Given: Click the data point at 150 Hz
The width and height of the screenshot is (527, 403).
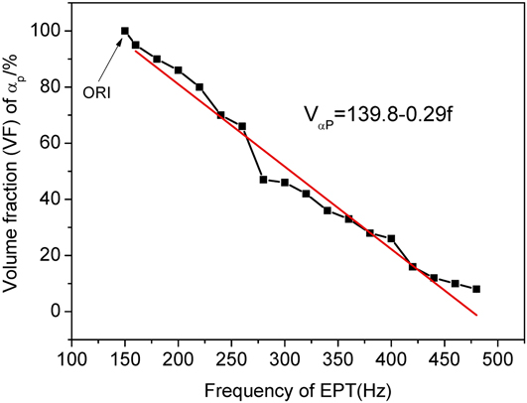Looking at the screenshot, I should point(125,31).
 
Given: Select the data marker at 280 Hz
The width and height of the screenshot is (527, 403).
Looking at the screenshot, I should point(263,180).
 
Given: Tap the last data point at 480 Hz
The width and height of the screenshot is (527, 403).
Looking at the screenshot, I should point(476,289).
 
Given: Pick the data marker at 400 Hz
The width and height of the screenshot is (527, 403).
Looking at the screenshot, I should point(391,238).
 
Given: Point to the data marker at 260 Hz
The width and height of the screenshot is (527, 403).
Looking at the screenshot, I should point(242,126).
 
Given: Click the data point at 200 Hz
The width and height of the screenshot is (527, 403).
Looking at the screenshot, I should point(179,69).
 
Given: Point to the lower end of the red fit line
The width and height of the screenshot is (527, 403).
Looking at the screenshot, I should point(477,316).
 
